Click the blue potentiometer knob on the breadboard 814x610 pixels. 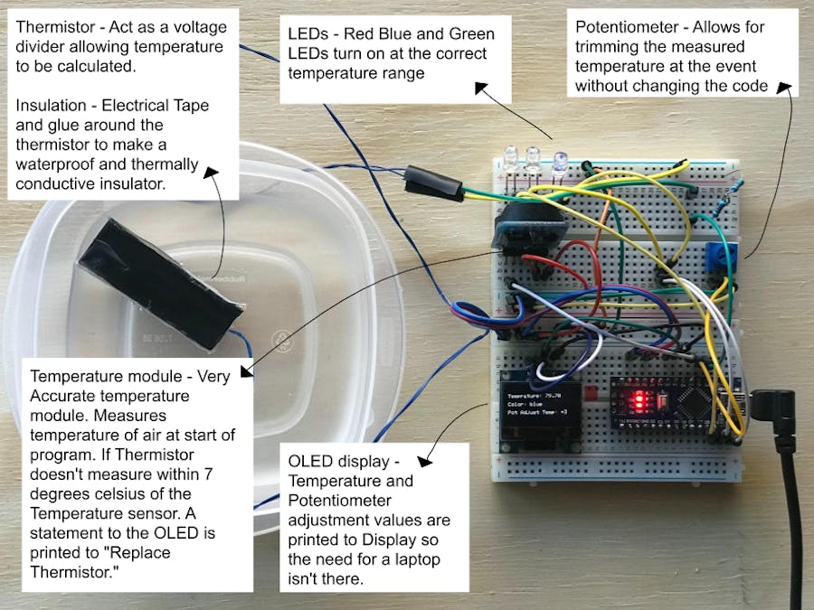(x=717, y=255)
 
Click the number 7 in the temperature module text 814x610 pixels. (x=209, y=474)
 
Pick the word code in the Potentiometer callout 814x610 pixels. (x=745, y=87)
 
